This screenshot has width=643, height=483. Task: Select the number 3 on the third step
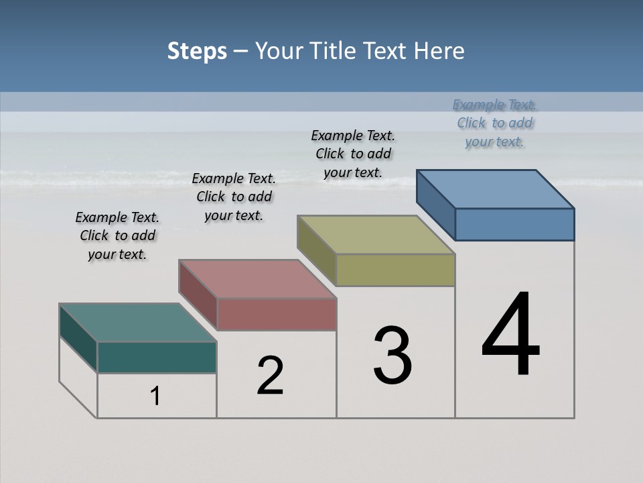click(x=392, y=355)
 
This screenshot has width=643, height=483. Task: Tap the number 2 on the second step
click(x=270, y=375)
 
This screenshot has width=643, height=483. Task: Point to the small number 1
click(x=155, y=396)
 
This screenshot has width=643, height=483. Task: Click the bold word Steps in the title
click(x=197, y=51)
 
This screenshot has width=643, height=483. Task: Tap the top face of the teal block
click(x=138, y=323)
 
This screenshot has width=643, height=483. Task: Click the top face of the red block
click(x=257, y=279)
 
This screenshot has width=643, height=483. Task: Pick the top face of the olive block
click(x=376, y=235)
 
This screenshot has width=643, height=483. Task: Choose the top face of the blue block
click(x=496, y=189)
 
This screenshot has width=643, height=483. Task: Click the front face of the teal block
click(x=157, y=357)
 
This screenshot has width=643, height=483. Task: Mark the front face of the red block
click(x=277, y=314)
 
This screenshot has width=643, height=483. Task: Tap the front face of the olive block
click(x=395, y=270)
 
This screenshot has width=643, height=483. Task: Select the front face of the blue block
click(x=514, y=224)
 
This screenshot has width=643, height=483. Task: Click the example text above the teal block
click(x=117, y=235)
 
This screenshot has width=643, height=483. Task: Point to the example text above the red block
click(x=234, y=197)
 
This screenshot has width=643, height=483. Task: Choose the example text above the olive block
click(x=353, y=154)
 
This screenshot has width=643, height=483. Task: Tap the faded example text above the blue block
click(x=494, y=123)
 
